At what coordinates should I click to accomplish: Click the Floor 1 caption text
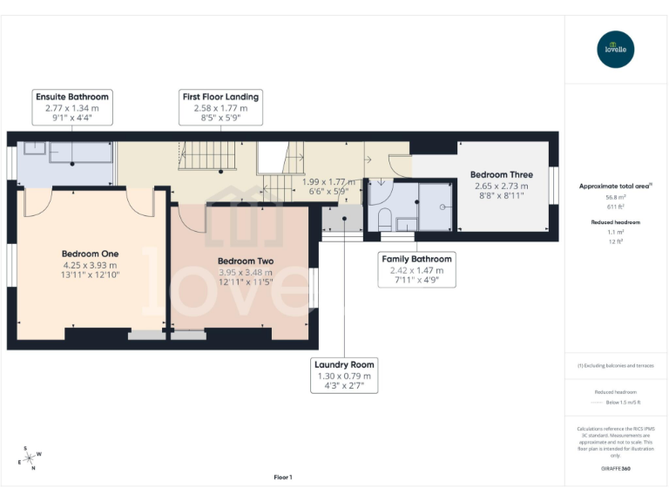282,477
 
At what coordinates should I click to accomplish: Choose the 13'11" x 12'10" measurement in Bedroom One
90,275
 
